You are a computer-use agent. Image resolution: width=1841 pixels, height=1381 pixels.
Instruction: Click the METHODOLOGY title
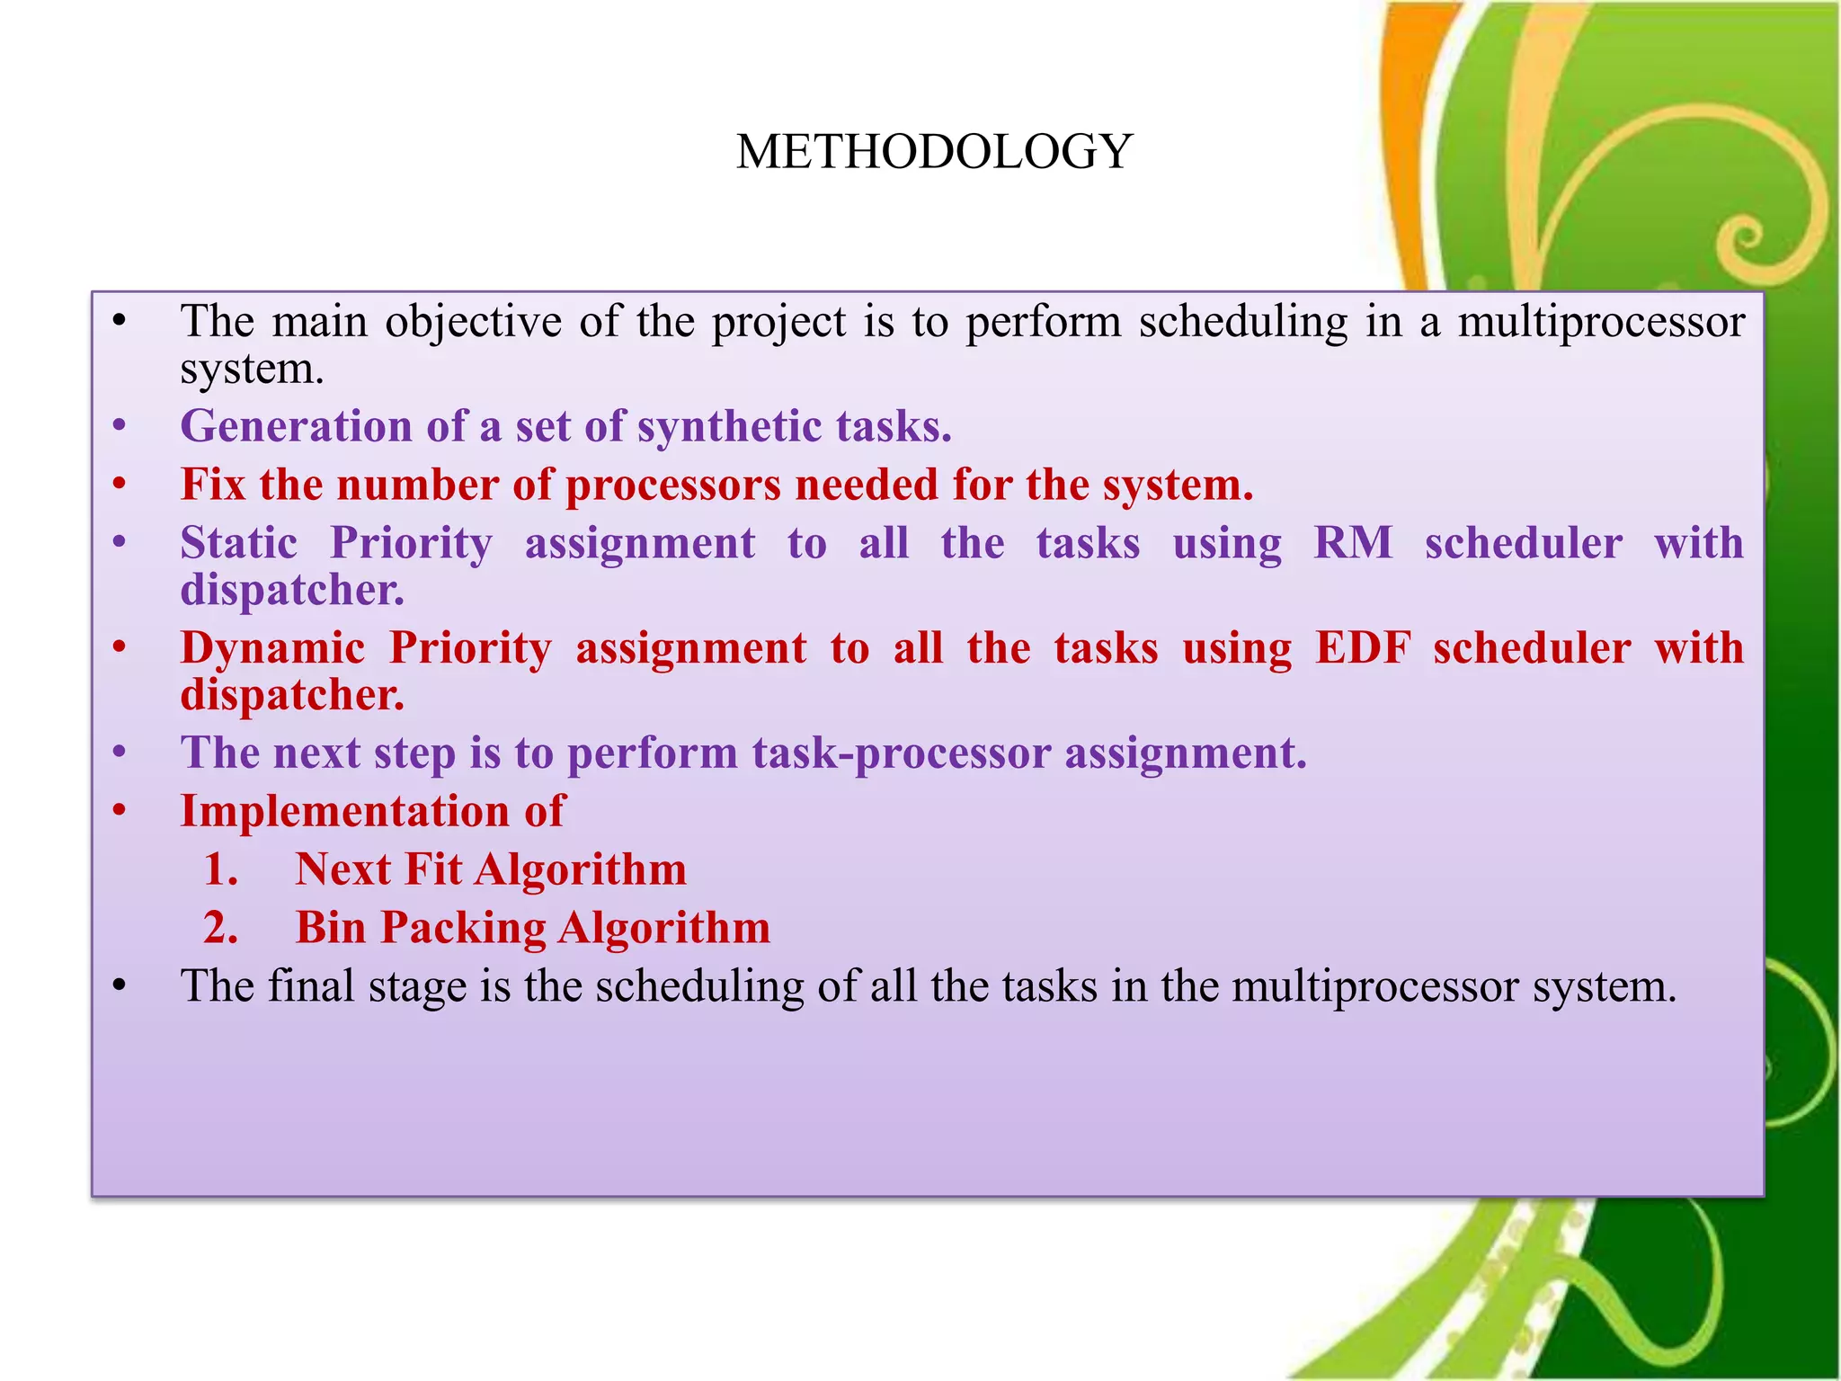pos(934,151)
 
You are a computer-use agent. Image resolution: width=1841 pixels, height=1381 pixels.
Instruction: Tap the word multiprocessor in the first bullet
pos(1600,322)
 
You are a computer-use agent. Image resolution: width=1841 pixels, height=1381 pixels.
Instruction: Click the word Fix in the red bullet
pos(213,485)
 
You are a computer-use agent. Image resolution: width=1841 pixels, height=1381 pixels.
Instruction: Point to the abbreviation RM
pos(1353,543)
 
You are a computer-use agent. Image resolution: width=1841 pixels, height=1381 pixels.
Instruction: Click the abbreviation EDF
pos(1362,648)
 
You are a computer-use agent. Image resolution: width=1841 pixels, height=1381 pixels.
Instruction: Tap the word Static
pos(239,543)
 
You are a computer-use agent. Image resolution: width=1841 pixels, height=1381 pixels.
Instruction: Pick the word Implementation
pos(344,812)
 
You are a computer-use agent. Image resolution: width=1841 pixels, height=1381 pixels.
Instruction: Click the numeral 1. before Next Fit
pos(221,870)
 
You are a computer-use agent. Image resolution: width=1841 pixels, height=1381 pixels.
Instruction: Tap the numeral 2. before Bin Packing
pos(221,929)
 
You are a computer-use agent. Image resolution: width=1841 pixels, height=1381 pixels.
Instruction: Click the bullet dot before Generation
pos(120,427)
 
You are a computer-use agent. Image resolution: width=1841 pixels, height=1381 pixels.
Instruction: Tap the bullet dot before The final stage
pos(120,987)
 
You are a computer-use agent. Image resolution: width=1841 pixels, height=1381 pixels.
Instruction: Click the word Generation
pos(296,427)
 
